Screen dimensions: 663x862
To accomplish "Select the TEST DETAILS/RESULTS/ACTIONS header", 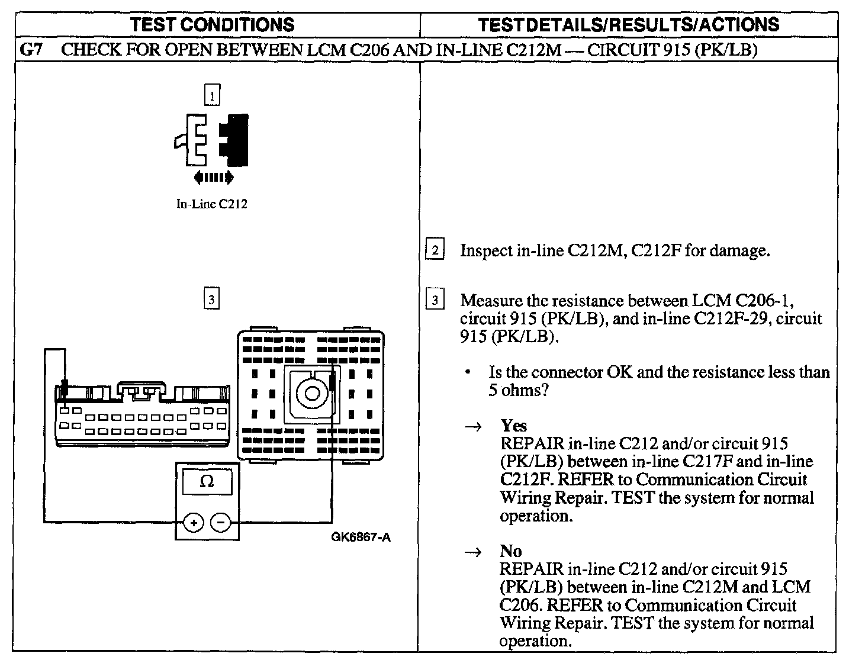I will point(628,24).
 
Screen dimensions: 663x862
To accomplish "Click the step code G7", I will point(31,50).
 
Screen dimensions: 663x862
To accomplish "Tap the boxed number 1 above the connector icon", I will point(211,95).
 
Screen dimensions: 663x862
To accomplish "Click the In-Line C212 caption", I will point(211,204).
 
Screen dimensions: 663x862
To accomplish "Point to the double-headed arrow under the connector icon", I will point(213,176).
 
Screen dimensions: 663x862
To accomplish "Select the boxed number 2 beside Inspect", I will point(435,250).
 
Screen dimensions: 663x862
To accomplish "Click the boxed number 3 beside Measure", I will point(435,301).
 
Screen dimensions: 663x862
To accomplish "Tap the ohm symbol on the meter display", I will point(207,482).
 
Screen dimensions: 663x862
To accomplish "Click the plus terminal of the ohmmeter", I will point(194,522).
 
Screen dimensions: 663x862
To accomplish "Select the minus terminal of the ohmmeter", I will point(221,522).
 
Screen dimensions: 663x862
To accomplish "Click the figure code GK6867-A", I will point(361,538).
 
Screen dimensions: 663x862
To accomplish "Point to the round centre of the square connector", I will point(310,392).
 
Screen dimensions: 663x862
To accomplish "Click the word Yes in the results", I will point(513,425).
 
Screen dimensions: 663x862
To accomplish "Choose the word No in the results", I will point(510,551).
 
